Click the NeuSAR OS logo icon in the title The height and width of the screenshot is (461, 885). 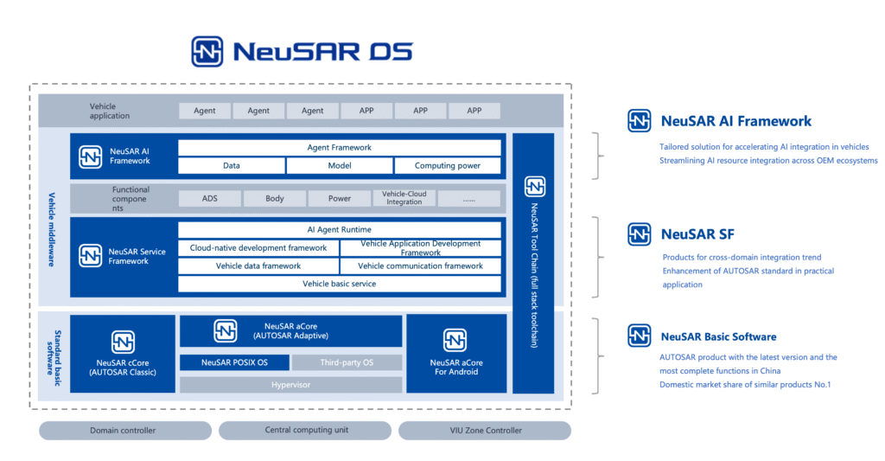[x=207, y=51]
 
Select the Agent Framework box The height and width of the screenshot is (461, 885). [x=339, y=147]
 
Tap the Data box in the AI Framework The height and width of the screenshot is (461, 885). [x=232, y=165]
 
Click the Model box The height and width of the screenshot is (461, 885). [x=339, y=165]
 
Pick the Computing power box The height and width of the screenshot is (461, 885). [x=448, y=165]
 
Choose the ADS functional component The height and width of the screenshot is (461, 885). [x=210, y=198]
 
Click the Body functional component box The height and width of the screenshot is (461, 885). [x=275, y=198]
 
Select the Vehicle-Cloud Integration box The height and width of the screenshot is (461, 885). [x=404, y=198]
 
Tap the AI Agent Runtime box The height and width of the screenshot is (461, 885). [x=339, y=229]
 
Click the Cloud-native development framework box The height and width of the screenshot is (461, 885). [x=258, y=248]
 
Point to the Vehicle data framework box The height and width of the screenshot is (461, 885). [x=258, y=266]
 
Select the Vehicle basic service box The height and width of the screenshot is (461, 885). [x=339, y=285]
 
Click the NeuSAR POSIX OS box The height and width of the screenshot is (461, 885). [x=235, y=362]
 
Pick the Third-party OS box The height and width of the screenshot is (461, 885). [x=347, y=362]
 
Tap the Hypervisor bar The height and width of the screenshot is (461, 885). [x=290, y=385]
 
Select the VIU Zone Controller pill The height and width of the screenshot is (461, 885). [x=485, y=431]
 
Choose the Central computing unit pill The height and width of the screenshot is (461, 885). [x=305, y=431]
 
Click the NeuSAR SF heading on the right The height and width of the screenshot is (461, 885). [x=697, y=234]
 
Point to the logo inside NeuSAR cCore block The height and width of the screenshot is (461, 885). [x=123, y=342]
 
